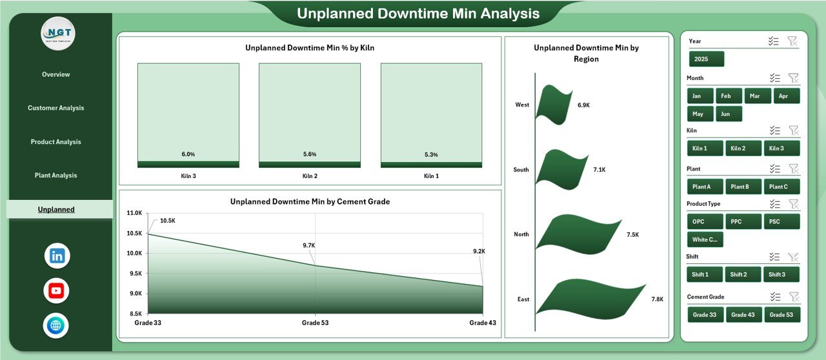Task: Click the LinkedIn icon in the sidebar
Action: (x=57, y=255)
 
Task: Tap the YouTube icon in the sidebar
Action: (x=56, y=290)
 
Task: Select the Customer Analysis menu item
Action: (x=55, y=108)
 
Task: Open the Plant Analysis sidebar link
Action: (x=55, y=175)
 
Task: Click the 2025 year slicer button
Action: (x=706, y=59)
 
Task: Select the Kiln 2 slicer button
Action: (x=743, y=148)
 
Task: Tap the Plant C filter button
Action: (x=781, y=187)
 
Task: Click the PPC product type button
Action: (x=743, y=222)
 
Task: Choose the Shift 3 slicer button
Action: (x=781, y=275)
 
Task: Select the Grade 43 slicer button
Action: (x=743, y=315)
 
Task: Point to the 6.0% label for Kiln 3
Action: (x=188, y=154)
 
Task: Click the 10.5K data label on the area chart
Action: (x=167, y=221)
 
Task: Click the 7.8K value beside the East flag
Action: (x=658, y=299)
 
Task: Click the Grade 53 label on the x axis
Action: (x=316, y=323)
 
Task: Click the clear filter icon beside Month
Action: (x=793, y=78)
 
